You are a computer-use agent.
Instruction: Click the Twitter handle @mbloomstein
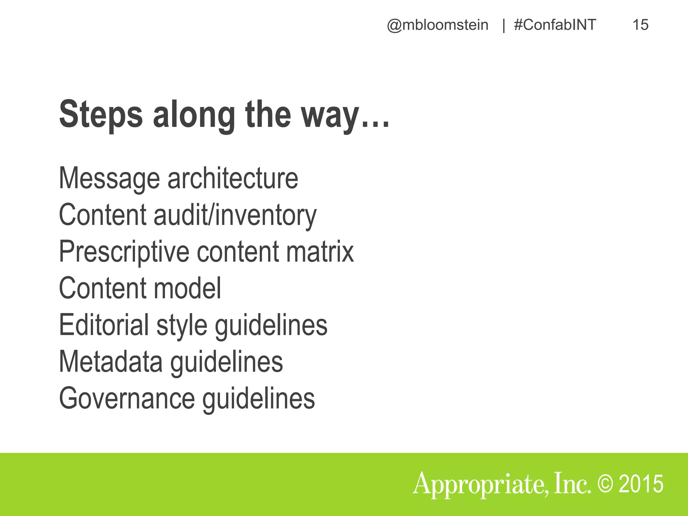tap(437, 25)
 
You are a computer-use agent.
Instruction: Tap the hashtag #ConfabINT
tap(555, 25)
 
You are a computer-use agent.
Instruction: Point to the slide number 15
tap(640, 25)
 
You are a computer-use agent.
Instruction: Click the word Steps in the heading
tap(101, 115)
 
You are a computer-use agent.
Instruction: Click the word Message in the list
tap(109, 179)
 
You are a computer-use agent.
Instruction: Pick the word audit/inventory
tap(235, 215)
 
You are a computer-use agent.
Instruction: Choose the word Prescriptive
tap(124, 252)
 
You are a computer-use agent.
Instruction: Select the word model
tap(187, 288)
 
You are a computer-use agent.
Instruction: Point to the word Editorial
tap(104, 325)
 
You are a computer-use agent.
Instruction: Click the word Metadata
tap(111, 361)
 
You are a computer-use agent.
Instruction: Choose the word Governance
tap(127, 398)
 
